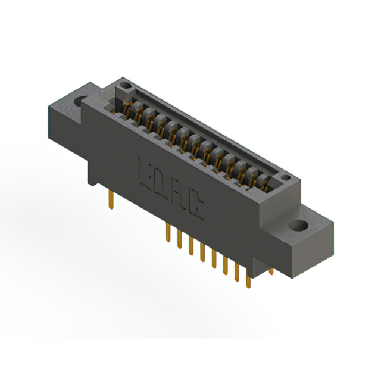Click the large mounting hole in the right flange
[299, 226]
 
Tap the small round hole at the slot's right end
[285, 178]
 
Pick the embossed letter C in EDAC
[195, 206]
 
